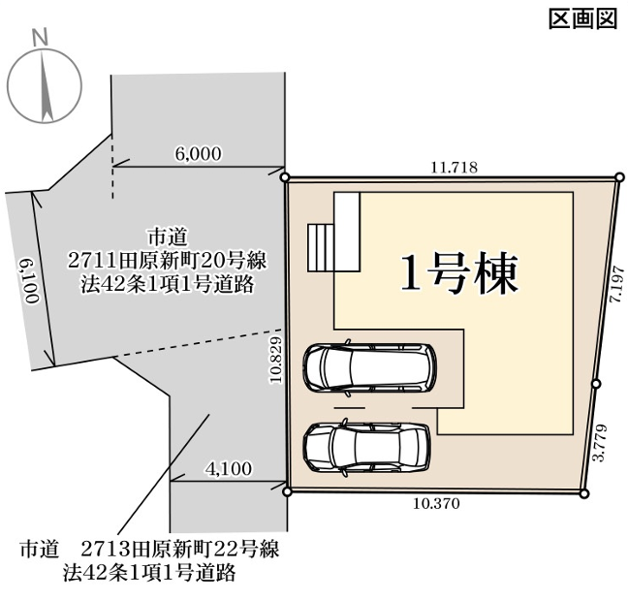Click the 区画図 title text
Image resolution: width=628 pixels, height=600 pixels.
582,18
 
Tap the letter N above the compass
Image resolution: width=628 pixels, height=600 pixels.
40,37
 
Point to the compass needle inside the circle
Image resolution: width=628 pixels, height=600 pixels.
46,85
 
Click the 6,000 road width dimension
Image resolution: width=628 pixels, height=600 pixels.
199,153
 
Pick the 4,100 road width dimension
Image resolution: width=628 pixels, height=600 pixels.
229,468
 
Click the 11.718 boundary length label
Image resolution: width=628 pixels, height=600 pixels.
455,167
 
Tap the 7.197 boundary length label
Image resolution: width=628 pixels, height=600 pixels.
616,284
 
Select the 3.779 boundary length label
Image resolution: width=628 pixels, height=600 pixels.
600,443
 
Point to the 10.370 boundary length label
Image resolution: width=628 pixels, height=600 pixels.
436,503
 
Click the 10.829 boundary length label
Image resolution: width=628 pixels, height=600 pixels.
276,360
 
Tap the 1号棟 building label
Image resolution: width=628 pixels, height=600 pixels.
459,272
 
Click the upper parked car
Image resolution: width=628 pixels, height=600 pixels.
370,367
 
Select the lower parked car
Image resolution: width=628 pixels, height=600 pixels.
367,447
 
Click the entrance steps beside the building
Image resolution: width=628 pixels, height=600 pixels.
321,247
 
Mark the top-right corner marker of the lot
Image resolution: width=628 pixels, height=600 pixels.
619,177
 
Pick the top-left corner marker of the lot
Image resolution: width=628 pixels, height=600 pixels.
285,177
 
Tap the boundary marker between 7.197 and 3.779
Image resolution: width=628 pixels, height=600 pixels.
596,384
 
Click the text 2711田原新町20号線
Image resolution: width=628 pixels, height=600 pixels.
167,261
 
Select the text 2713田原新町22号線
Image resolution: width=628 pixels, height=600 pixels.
179,549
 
